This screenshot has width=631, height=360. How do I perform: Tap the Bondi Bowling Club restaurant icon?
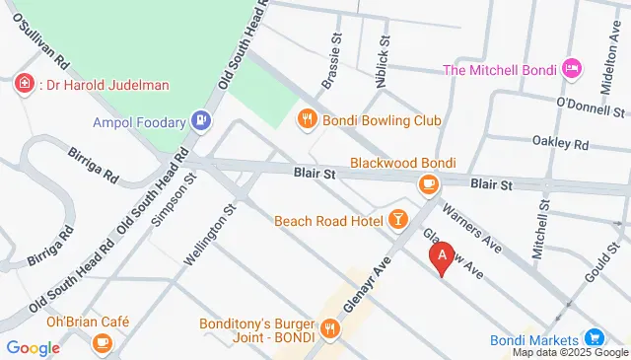coord(307,119)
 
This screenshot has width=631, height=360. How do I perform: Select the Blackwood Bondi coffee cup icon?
coord(428,184)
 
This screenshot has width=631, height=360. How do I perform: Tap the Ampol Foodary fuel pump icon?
coord(201,122)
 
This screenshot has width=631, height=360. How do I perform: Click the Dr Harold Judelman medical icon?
coord(24,84)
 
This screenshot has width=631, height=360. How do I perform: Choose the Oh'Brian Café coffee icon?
coord(102,342)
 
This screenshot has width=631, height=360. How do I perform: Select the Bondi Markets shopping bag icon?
coord(595,338)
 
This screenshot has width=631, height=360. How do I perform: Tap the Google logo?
coord(33,347)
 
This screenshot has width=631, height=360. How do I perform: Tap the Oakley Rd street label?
coord(560,143)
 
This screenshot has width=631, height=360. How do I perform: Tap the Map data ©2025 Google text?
coord(569,352)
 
